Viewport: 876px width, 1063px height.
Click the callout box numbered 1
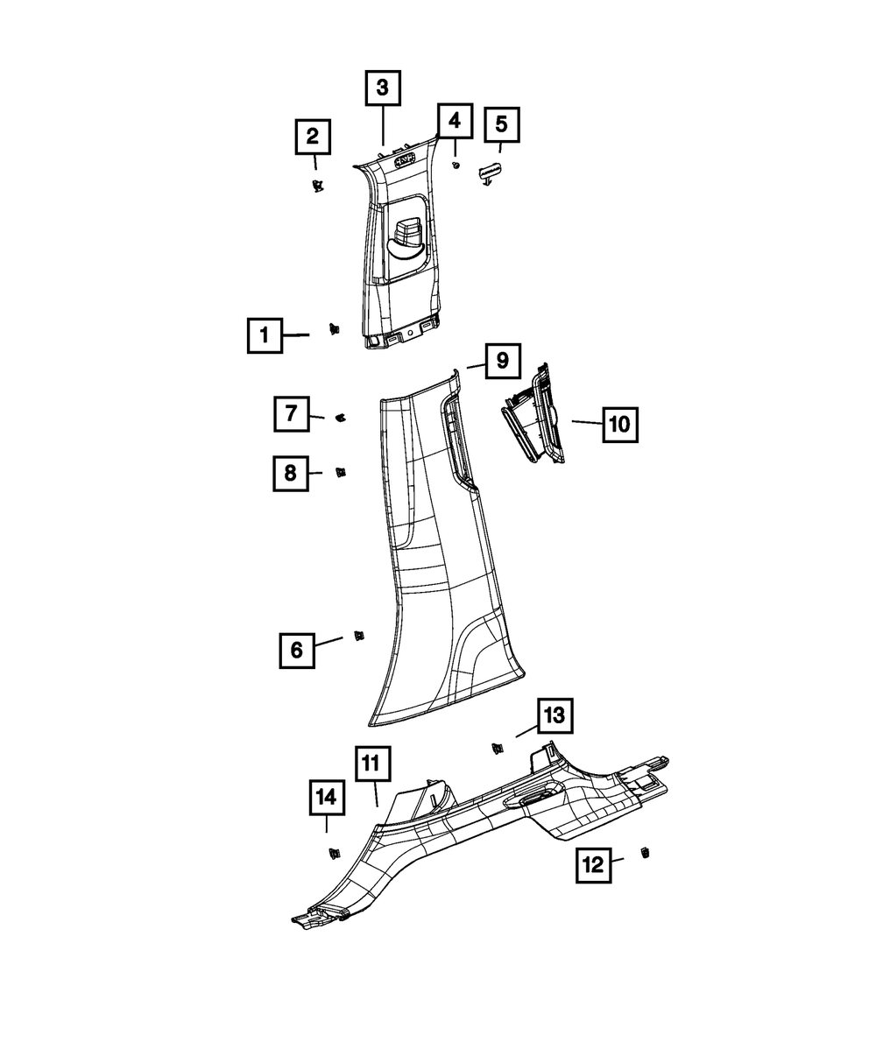264,334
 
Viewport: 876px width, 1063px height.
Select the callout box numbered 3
383,88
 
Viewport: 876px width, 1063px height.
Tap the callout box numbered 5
501,124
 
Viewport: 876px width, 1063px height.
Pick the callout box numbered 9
502,360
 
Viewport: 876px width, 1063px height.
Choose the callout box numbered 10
618,425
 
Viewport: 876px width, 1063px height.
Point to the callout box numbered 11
372,764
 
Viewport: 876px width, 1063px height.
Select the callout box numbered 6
296,650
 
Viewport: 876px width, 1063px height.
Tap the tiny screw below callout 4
456,165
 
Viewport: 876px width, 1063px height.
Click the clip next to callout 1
333,329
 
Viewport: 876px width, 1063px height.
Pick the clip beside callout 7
342,417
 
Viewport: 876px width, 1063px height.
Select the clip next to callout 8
341,473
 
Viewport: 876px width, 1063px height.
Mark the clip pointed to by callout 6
358,636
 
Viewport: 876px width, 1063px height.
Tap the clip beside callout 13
498,747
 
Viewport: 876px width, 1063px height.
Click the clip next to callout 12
645,853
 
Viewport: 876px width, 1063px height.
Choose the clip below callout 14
333,852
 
